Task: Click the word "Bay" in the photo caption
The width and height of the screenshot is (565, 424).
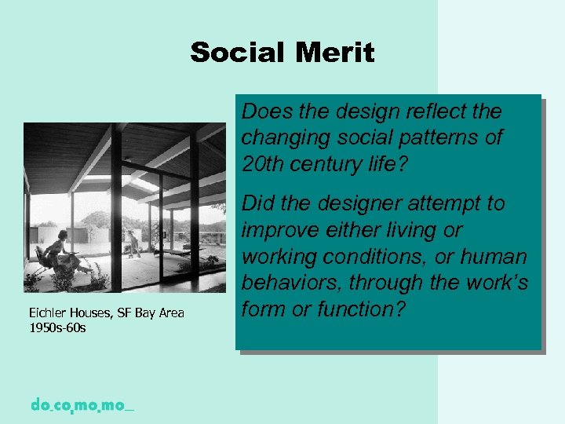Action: (145, 313)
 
